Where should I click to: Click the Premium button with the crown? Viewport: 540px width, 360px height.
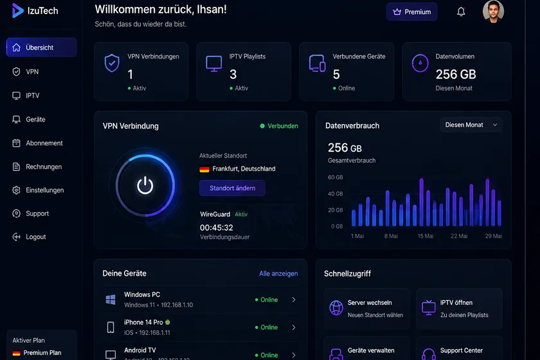coord(412,12)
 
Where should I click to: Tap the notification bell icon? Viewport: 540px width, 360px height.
coord(461,12)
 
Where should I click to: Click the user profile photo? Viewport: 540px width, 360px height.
coord(493,12)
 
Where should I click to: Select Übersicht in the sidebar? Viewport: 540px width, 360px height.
coord(42,47)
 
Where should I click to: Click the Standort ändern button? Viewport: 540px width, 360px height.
coord(232,188)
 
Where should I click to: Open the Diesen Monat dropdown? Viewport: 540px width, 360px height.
coord(471,125)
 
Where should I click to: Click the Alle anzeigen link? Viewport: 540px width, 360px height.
coord(278,273)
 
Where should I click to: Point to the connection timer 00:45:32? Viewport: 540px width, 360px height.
coord(216,228)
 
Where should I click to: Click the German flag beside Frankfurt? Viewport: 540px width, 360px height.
coord(204,169)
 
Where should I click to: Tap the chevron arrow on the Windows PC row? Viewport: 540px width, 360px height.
coord(293,300)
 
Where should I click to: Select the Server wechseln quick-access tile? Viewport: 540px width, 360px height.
coord(367,309)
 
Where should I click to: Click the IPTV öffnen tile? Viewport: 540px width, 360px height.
coord(459,309)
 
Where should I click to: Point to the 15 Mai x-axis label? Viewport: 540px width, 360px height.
coord(426,236)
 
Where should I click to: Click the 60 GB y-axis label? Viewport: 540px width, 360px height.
coord(335,177)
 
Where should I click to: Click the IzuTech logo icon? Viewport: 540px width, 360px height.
coord(17,11)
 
